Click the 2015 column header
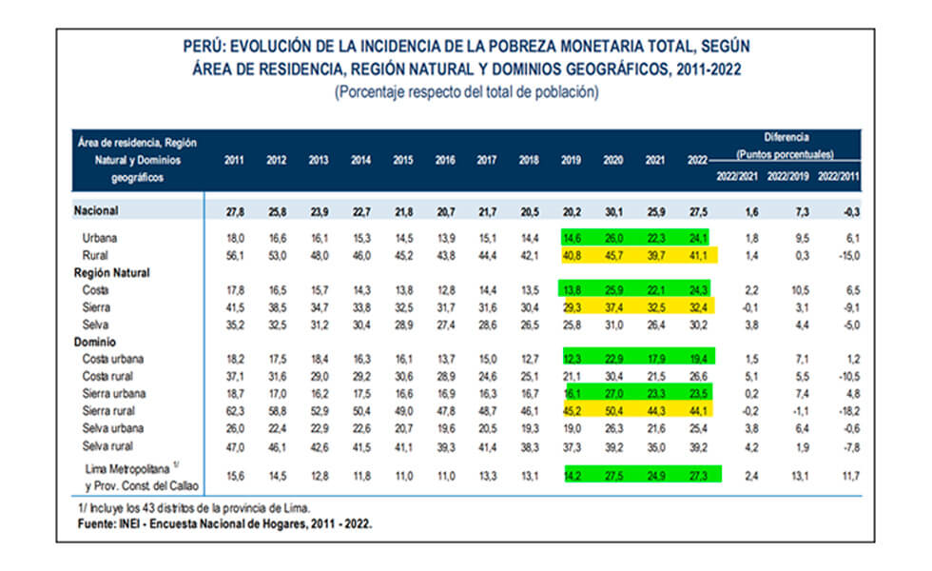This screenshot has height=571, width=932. [402, 161]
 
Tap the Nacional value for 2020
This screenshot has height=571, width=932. [613, 210]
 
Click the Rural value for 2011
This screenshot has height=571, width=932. [234, 255]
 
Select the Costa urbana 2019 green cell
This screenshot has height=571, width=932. [572, 358]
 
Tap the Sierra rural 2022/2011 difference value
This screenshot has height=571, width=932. [844, 410]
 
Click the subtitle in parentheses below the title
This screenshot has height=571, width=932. [466, 93]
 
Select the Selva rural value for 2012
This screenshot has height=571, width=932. [276, 445]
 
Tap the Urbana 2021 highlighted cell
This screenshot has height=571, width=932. [655, 238]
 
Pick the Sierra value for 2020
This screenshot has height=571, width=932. [613, 306]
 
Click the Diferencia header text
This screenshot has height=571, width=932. [786, 137]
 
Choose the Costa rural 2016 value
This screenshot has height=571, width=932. [444, 376]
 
